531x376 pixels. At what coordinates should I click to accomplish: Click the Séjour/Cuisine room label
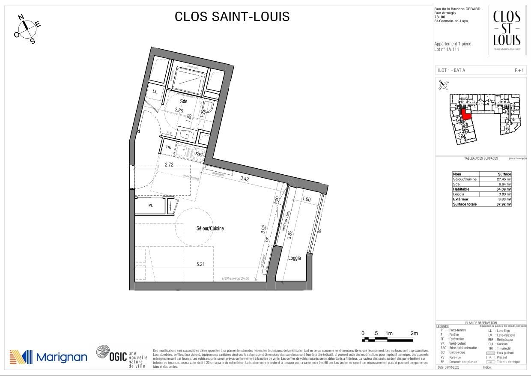207,229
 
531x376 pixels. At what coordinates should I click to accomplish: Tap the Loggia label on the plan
294,258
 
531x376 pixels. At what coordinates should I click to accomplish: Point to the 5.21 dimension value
200,265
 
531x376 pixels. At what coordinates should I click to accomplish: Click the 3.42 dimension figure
245,179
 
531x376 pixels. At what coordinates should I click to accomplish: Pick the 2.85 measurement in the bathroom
179,110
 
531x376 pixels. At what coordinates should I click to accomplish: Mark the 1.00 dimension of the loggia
306,200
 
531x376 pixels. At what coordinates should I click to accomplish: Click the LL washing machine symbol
155,92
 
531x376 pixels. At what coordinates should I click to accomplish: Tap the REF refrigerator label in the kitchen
200,154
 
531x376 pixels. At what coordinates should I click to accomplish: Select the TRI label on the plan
168,147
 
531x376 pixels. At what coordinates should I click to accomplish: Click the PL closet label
150,205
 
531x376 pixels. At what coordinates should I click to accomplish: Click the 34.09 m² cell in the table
504,189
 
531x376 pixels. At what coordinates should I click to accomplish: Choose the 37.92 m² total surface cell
504,204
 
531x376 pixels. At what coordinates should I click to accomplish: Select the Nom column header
457,174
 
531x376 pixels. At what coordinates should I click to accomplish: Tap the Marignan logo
48,357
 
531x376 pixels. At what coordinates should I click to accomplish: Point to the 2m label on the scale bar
414,333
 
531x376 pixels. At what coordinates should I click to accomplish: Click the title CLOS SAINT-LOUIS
232,17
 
